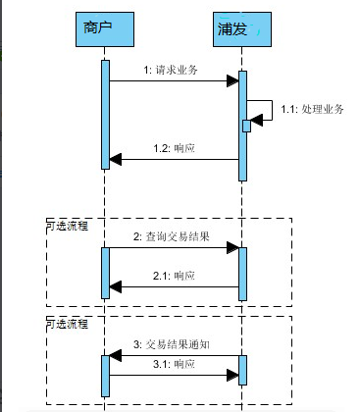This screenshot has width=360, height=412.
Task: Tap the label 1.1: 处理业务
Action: [312, 109]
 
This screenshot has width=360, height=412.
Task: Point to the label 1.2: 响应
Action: [174, 148]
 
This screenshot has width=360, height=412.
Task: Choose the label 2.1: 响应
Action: [174, 277]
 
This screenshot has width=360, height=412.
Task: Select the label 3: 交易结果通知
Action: [172, 345]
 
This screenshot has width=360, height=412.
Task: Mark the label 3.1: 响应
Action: [174, 363]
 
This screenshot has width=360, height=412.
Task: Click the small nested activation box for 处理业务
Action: [247, 125]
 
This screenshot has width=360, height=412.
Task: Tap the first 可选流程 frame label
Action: [67, 226]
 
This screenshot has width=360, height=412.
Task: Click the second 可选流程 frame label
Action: [67, 324]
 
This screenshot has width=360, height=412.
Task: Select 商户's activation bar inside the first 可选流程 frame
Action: [104, 272]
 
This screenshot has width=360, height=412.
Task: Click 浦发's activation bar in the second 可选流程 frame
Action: [241, 370]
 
